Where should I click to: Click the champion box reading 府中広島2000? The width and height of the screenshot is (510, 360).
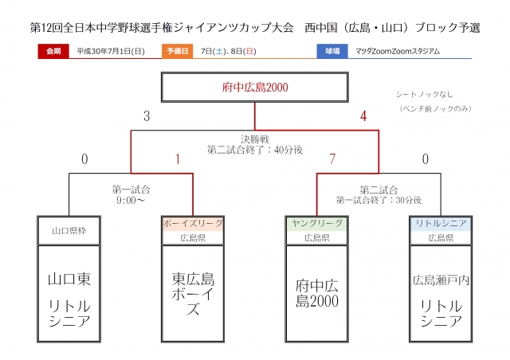point(254,88)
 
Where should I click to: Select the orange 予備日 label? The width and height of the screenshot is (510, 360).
point(178,51)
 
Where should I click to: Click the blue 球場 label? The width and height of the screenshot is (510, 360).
point(333,51)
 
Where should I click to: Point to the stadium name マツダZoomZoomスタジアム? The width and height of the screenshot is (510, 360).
point(395,51)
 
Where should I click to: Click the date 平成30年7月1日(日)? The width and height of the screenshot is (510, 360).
point(111,51)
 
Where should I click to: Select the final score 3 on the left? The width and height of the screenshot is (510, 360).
point(147,116)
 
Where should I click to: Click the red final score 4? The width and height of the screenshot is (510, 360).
point(363,116)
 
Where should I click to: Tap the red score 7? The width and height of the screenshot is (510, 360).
point(331,159)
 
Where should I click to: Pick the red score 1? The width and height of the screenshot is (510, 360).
point(178,159)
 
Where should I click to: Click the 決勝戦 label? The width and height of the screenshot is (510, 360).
point(254,137)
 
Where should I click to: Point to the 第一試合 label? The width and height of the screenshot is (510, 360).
point(131,190)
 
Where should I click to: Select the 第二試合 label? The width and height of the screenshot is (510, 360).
point(379,190)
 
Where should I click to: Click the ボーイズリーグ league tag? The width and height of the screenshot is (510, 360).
point(193,223)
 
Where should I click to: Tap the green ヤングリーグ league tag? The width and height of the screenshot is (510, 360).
point(316,223)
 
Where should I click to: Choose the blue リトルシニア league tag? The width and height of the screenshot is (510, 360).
point(441,223)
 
